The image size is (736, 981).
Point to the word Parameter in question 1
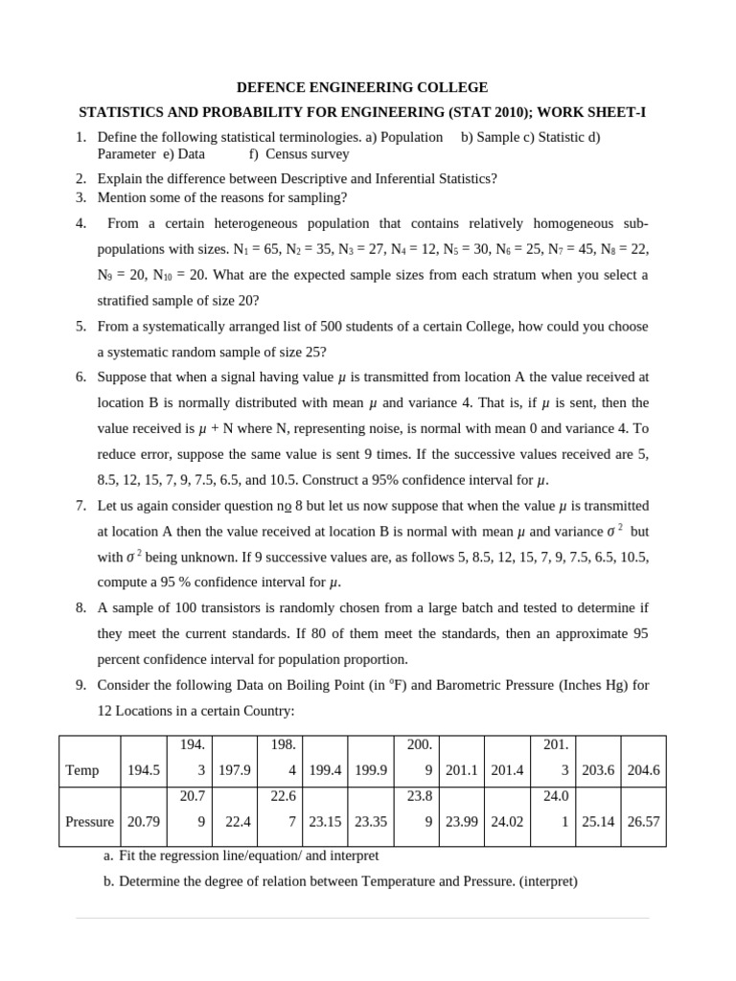click(x=126, y=153)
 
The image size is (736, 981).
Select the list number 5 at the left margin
click(x=81, y=326)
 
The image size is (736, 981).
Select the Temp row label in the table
click(x=81, y=770)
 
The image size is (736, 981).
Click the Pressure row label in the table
click(x=89, y=821)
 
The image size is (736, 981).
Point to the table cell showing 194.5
click(x=144, y=770)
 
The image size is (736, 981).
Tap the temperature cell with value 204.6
click(x=644, y=770)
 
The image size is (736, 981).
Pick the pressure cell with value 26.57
click(x=644, y=821)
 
